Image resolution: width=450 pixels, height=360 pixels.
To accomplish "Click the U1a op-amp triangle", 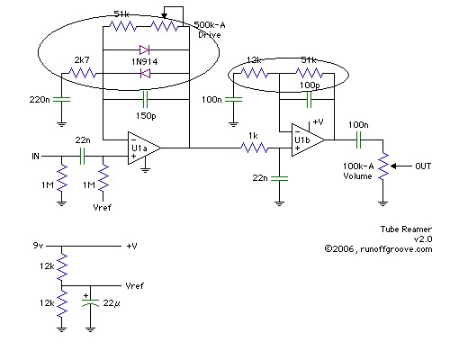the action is pyautogui.click(x=144, y=148).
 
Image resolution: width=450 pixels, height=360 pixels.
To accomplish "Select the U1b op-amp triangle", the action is pyautogui.click(x=308, y=139).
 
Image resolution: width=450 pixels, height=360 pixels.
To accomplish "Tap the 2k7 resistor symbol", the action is pyautogui.click(x=83, y=73).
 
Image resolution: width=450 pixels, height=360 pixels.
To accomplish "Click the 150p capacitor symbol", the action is pyautogui.click(x=145, y=99).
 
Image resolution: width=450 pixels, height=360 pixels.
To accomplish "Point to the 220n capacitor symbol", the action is pyautogui.click(x=61, y=99).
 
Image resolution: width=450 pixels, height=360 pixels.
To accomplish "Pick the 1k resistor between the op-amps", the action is pyautogui.click(x=255, y=148).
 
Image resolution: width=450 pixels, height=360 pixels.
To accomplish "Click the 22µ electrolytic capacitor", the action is pyautogui.click(x=90, y=301).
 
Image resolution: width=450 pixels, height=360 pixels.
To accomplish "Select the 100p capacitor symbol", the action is pyautogui.click(x=309, y=99).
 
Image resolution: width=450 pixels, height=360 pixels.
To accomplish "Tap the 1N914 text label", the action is pyautogui.click(x=145, y=62).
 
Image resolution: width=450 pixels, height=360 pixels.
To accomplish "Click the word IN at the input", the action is pyautogui.click(x=35, y=157).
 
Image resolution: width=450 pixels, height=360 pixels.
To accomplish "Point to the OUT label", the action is pyautogui.click(x=423, y=166).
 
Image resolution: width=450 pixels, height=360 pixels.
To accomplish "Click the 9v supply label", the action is pyautogui.click(x=38, y=246).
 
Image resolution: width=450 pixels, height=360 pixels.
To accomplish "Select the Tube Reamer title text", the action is pyautogui.click(x=406, y=229).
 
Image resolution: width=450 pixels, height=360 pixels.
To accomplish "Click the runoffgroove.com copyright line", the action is pyautogui.click(x=378, y=249).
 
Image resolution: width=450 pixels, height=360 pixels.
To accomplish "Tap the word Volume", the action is pyautogui.click(x=357, y=175).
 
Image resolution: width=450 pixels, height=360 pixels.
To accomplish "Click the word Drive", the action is pyautogui.click(x=210, y=34).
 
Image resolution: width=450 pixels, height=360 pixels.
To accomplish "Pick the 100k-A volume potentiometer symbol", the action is pyautogui.click(x=383, y=166).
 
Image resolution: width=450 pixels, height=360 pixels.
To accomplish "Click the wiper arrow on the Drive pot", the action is pyautogui.click(x=164, y=15).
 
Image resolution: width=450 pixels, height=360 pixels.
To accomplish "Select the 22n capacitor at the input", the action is pyautogui.click(x=82, y=156).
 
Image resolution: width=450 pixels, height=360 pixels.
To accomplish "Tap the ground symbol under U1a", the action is pyautogui.click(x=145, y=171).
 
